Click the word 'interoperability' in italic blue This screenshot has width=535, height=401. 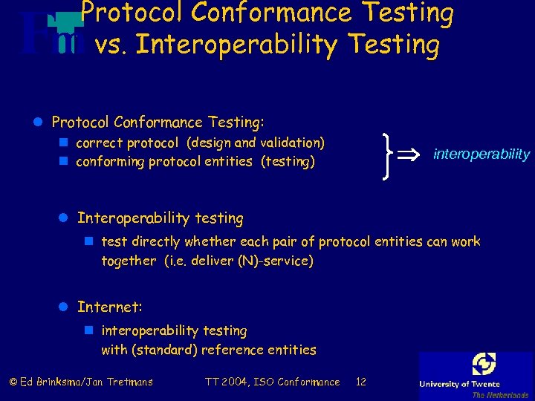(481, 154)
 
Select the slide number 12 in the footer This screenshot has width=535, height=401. (360, 382)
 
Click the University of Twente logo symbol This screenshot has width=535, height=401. (484, 365)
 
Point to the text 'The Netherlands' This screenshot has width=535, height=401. (500, 395)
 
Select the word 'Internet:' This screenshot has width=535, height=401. (110, 307)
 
